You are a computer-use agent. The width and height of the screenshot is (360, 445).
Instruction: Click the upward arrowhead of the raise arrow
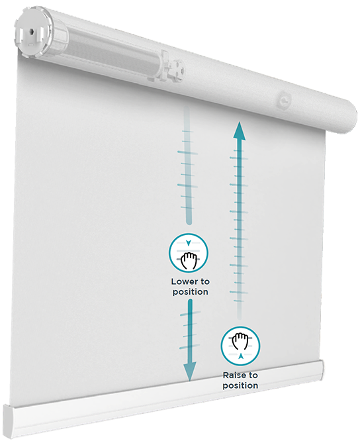pyautogui.click(x=240, y=130)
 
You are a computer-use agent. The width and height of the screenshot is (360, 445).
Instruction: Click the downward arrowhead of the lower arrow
pyautogui.click(x=190, y=371)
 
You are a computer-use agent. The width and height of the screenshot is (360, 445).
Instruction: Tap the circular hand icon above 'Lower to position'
pyautogui.click(x=189, y=253)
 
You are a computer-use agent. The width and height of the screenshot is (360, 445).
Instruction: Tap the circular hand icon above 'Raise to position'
pyautogui.click(x=241, y=346)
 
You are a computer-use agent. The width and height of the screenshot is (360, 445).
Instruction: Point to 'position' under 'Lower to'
pyautogui.click(x=191, y=292)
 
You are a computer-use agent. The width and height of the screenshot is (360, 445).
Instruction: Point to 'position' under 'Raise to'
pyautogui.click(x=240, y=385)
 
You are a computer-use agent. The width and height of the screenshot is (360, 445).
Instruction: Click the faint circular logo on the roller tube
pyautogui.click(x=283, y=100)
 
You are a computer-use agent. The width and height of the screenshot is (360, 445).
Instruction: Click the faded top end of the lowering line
pyautogui.click(x=187, y=109)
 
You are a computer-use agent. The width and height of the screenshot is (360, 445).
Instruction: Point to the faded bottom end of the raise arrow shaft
pyautogui.click(x=240, y=317)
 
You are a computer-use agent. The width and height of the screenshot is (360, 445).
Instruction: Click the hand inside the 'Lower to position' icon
pyautogui.click(x=189, y=260)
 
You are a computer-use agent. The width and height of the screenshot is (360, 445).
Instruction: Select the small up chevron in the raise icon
pyautogui.click(x=241, y=356)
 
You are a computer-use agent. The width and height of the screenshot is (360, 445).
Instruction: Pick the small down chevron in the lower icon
pyautogui.click(x=189, y=242)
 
